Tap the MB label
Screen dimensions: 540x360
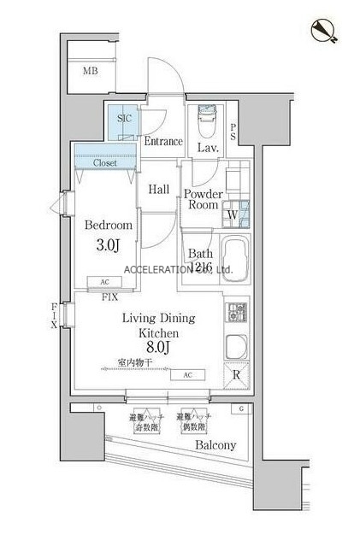(x=91, y=71)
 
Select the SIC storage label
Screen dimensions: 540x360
(x=124, y=119)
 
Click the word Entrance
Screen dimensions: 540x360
(x=163, y=142)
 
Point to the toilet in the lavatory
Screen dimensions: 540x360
(x=207, y=123)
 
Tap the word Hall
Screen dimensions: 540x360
(x=158, y=190)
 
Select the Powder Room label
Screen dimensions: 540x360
(x=204, y=200)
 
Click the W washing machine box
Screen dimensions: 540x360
(x=233, y=214)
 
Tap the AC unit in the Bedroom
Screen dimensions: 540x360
(x=104, y=282)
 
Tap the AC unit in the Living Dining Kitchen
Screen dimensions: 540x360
(x=187, y=375)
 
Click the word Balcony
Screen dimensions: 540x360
(x=215, y=445)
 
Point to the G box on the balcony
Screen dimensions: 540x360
(x=242, y=409)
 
